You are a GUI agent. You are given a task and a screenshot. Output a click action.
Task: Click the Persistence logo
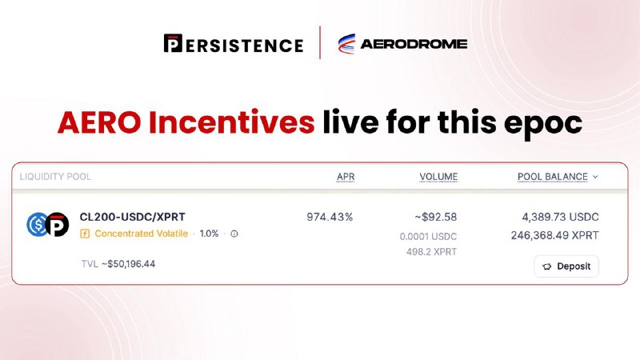234,44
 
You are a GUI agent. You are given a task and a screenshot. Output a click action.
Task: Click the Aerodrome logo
402,44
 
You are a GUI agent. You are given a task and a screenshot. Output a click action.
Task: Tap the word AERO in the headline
99,122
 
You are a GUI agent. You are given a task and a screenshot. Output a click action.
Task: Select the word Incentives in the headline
231,122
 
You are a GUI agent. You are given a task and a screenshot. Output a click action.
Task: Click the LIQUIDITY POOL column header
55,177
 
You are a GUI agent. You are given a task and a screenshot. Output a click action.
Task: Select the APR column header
346,177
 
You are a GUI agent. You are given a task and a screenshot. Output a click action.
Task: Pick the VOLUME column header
438,177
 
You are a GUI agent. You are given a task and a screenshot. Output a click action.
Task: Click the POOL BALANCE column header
553,177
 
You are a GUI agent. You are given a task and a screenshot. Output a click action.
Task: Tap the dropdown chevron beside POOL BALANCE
595,177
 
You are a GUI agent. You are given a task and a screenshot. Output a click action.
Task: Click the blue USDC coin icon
37,224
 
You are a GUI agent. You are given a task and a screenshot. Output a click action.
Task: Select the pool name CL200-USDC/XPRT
132,217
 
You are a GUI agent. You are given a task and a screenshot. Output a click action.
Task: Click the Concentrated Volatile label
142,234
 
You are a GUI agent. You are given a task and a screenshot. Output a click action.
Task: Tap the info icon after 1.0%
234,234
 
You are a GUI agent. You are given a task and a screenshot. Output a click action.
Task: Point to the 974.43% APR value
330,217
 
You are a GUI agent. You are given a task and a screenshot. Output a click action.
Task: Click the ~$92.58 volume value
435,217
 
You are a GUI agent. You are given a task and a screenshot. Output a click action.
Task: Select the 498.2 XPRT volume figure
431,252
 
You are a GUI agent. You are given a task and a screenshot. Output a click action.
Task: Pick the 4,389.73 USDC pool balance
561,217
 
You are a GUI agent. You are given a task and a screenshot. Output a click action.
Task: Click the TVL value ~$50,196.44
129,264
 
